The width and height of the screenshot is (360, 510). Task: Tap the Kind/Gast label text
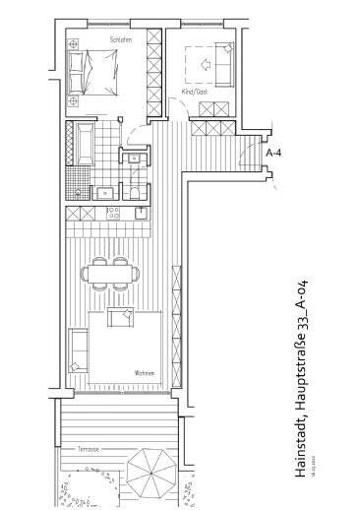tap(196, 92)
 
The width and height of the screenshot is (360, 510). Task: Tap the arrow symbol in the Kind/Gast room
tap(207, 64)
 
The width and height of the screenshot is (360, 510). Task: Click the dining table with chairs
tap(110, 272)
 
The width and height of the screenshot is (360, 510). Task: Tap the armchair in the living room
tap(121, 319)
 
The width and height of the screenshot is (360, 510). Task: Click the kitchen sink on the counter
tap(143, 212)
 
